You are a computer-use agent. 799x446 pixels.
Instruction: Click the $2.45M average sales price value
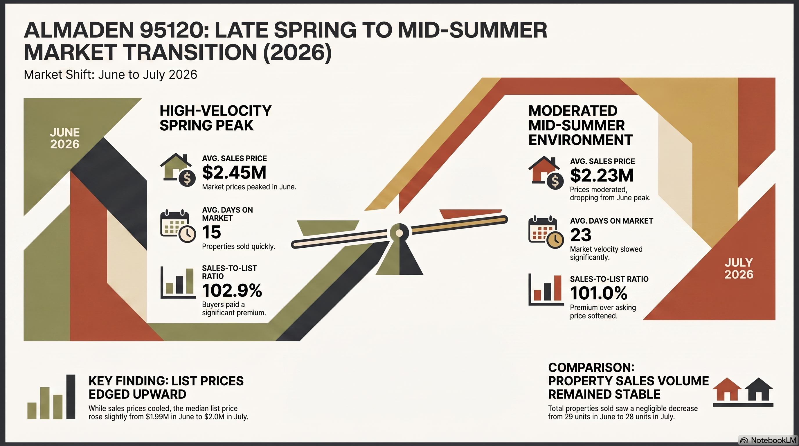[234, 173]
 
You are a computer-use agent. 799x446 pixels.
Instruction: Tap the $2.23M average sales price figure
[602, 176]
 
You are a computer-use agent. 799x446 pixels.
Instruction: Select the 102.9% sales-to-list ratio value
[232, 291]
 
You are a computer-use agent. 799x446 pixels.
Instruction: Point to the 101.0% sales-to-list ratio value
[599, 293]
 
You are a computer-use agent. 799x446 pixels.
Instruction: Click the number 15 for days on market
[212, 232]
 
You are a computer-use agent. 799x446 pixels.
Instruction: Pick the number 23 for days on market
[581, 235]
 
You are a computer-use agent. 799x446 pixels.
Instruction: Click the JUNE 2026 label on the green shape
[65, 138]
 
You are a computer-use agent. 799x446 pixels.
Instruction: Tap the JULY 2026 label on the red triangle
[739, 269]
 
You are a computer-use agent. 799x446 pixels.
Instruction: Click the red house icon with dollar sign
[546, 172]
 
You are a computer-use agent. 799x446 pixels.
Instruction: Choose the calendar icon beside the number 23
[546, 232]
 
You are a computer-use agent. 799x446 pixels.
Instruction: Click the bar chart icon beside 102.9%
[178, 283]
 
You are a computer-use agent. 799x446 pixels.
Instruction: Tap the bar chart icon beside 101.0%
[546, 289]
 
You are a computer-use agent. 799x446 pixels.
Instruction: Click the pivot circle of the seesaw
[399, 233]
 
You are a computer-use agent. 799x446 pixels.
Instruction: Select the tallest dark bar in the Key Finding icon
[71, 397]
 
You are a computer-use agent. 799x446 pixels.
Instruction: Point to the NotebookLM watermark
[768, 440]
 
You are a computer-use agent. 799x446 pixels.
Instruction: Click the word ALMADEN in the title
[79, 30]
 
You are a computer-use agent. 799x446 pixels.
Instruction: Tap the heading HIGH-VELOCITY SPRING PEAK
[215, 118]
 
